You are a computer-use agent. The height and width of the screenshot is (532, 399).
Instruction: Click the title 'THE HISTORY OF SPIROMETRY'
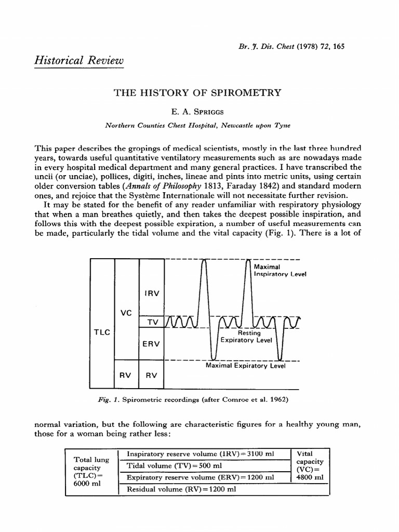[197, 93]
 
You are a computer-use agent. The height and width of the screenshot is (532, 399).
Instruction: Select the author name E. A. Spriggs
[197, 111]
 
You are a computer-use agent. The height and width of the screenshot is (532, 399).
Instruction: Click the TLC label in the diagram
[102, 332]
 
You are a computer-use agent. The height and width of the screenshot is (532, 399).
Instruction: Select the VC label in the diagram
[126, 313]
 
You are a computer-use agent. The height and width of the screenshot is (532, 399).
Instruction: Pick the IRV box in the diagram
[152, 293]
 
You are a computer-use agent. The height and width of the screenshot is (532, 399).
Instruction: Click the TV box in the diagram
[152, 322]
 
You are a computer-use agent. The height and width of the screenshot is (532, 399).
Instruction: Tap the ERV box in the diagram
[152, 343]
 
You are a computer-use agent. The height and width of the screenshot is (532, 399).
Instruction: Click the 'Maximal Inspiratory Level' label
[279, 270]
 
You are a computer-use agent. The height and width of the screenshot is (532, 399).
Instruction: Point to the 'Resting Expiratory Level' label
[246, 337]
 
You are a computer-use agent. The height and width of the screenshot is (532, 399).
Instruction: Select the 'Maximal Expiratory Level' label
[246, 366]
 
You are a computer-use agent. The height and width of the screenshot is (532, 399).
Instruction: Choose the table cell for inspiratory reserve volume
[204, 454]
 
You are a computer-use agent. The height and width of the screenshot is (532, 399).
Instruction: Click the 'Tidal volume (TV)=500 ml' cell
[204, 465]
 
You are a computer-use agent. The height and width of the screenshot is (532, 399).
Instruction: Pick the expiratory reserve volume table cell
[204, 477]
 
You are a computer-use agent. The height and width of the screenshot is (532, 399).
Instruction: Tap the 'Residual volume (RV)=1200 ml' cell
[204, 489]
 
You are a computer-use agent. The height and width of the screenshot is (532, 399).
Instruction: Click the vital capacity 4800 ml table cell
[309, 465]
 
